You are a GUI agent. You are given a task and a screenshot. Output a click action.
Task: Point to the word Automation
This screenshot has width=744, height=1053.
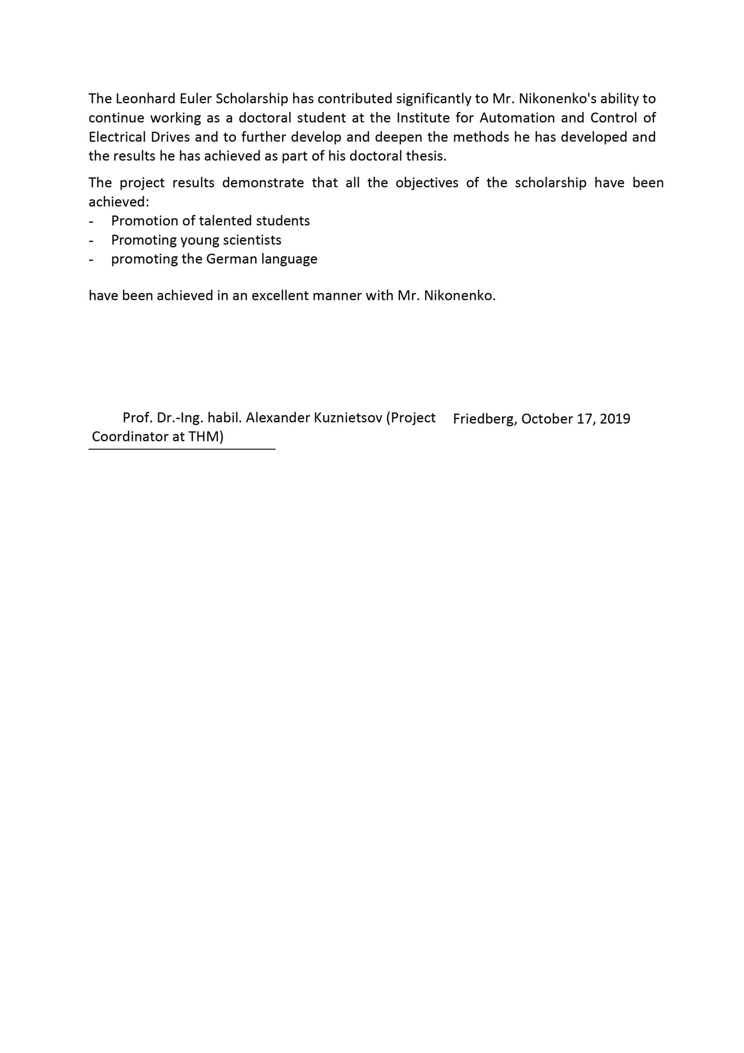click(517, 118)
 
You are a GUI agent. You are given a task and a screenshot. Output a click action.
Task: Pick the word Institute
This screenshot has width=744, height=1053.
click(423, 118)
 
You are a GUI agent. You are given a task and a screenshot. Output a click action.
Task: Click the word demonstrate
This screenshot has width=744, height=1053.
click(263, 183)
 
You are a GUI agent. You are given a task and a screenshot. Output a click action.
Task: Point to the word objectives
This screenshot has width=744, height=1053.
click(426, 183)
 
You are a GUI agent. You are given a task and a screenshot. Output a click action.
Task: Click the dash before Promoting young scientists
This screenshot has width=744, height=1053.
click(91, 240)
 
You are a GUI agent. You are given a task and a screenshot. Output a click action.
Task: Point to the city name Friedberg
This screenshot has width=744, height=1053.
click(485, 419)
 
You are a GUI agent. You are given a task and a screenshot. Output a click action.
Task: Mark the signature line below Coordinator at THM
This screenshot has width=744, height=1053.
click(182, 449)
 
